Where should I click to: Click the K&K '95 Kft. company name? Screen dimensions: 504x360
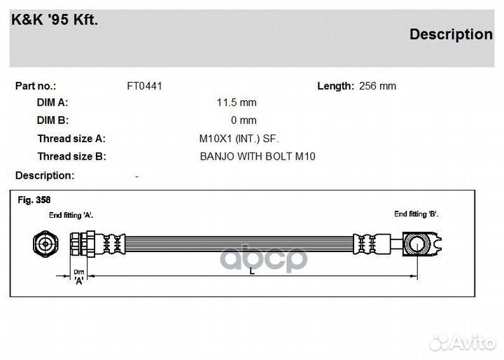(55, 20)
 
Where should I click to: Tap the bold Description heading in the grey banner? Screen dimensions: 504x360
(451, 34)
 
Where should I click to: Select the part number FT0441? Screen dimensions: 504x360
(145, 86)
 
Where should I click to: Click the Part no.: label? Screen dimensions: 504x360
(36, 86)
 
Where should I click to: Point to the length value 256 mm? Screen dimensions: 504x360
(378, 86)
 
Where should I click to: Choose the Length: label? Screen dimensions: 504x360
(335, 86)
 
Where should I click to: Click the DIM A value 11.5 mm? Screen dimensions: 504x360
(237, 103)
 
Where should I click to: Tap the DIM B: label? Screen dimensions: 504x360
(52, 120)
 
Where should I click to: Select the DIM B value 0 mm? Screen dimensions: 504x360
(244, 120)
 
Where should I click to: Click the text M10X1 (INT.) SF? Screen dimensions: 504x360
(239, 139)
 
